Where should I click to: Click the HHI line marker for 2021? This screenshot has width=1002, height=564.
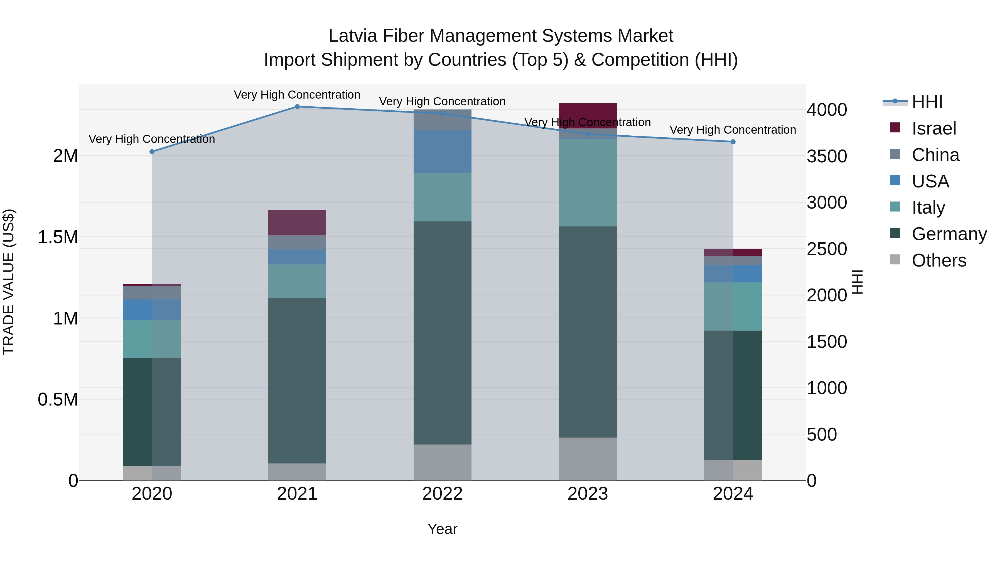coord(297,107)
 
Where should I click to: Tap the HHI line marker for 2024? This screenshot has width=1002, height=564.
coord(733,142)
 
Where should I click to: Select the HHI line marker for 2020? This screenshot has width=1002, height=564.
coord(152,152)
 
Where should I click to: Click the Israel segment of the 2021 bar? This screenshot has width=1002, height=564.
coord(297,223)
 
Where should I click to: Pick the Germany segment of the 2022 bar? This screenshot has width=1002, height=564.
coord(442,333)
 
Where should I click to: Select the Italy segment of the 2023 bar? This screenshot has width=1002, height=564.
coord(588,183)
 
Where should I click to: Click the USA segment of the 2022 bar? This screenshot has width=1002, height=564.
coord(442,152)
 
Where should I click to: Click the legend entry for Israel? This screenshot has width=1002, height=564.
coord(934,128)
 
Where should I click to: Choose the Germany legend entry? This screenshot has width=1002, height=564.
coord(949,234)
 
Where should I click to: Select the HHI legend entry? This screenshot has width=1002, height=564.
coord(927,102)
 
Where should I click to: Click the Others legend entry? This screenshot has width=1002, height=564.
coord(939,260)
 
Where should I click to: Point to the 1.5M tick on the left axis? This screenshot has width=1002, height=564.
coord(58,237)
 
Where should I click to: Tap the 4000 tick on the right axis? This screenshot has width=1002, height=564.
coord(827,110)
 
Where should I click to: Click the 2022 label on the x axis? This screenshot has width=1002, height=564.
coord(442,494)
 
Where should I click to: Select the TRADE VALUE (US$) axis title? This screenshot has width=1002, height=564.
coord(9,282)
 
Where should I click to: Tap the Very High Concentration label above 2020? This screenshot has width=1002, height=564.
coord(152,139)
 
